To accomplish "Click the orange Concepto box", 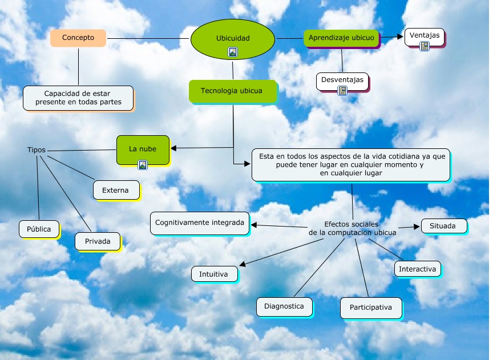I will click(x=78, y=38).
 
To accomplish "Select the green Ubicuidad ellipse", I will click(x=233, y=38).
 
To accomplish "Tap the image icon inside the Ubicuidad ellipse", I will click(x=233, y=52).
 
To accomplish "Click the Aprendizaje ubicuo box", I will click(x=341, y=38).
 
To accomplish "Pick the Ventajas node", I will click(x=425, y=35).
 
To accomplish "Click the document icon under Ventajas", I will click(x=425, y=46).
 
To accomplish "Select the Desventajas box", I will click(x=342, y=80).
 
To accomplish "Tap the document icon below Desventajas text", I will click(x=342, y=90).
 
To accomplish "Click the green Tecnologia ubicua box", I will click(x=232, y=91).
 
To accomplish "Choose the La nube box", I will click(x=143, y=149).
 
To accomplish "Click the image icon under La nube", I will click(x=143, y=165).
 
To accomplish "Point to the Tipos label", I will click(x=37, y=150).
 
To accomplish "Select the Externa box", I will click(x=116, y=190).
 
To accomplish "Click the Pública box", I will click(x=38, y=229).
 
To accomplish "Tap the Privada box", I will click(x=98, y=241).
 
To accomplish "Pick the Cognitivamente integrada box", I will click(x=200, y=223).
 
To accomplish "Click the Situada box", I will click(x=443, y=226).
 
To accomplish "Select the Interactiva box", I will click(x=417, y=269).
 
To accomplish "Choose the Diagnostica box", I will click(x=284, y=306).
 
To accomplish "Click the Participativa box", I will click(x=370, y=308).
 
